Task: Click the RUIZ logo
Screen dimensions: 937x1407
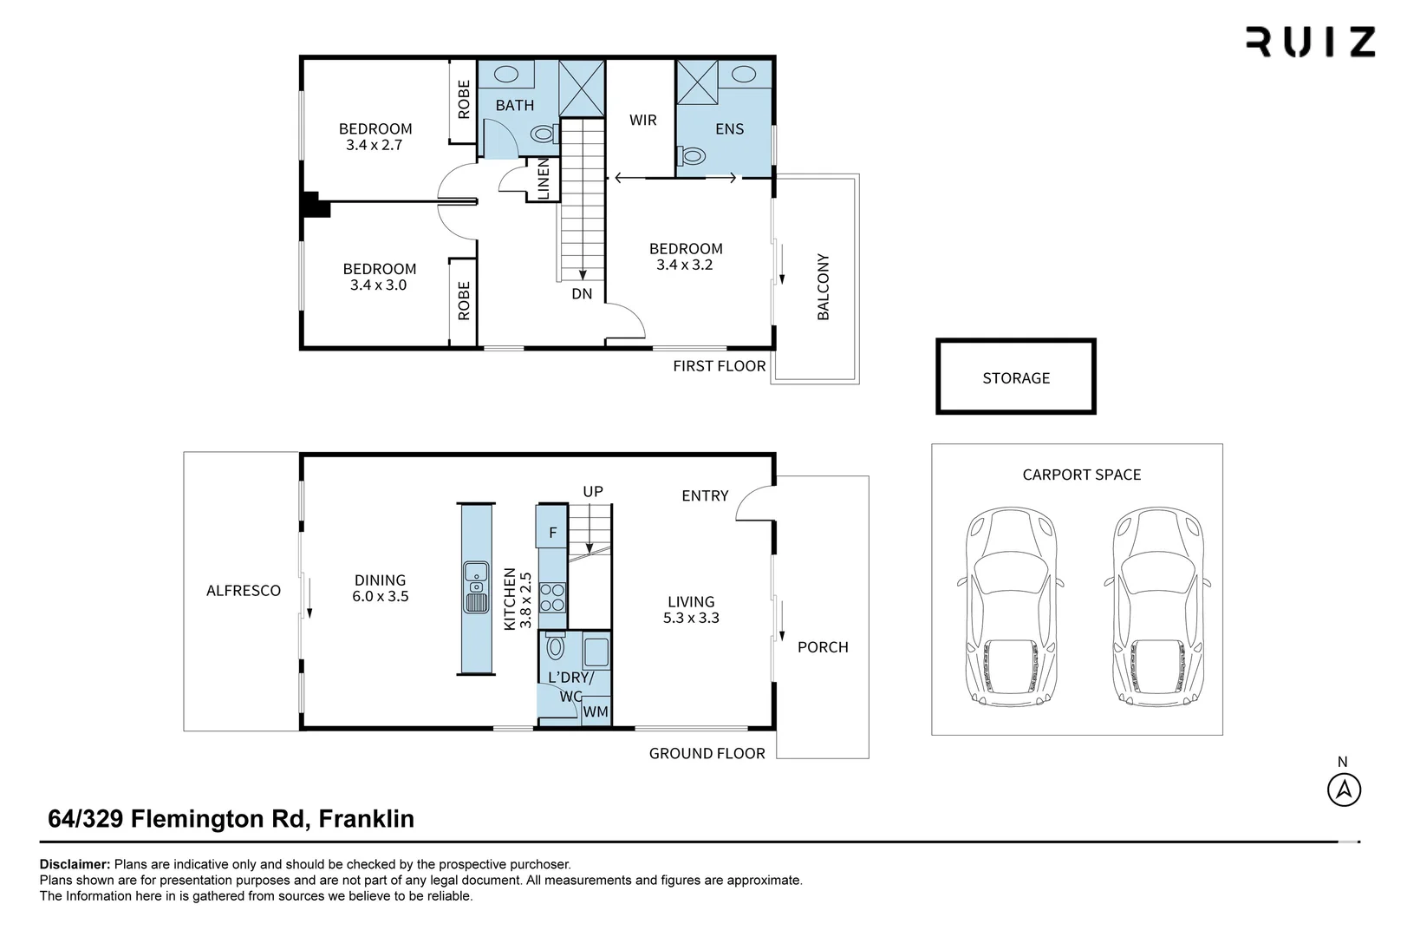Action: [x=1310, y=42]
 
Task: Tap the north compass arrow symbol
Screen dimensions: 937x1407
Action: [x=1344, y=790]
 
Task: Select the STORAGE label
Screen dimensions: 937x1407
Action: [x=1015, y=378]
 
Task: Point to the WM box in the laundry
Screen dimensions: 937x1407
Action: [x=596, y=711]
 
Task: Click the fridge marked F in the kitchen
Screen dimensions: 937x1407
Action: [x=552, y=533]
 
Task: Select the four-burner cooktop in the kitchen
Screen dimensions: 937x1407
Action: [x=552, y=597]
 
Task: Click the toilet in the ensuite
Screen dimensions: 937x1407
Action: [x=694, y=156]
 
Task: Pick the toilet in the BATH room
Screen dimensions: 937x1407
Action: [x=543, y=134]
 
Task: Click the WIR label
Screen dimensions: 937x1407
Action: [x=642, y=120]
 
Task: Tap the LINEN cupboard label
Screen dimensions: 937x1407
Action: [x=544, y=179]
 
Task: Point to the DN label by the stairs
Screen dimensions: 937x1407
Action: [x=582, y=294]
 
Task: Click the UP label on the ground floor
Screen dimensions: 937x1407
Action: [x=592, y=492]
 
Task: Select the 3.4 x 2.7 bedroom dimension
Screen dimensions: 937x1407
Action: [x=375, y=145]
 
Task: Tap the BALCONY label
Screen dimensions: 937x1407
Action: [x=823, y=286]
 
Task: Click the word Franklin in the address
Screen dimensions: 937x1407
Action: [x=366, y=818]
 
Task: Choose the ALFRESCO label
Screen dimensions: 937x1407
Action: [x=243, y=591]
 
